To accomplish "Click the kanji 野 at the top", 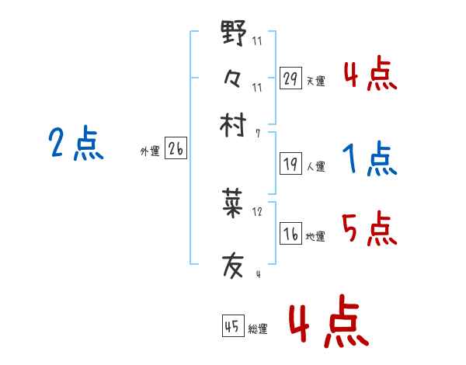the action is point(234,34).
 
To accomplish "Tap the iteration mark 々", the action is point(233,79).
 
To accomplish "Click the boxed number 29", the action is point(290,78).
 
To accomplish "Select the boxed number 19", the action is point(290,164).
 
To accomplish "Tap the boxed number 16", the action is point(290,235).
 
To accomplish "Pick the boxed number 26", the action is point(176,149).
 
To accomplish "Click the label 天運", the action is point(315,81).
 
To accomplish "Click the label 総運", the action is point(258,330).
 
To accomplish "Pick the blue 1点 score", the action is point(370,159).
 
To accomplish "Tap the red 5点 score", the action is point(370,229).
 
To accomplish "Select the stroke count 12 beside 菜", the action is point(258,211).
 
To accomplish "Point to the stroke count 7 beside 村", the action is point(257,134).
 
